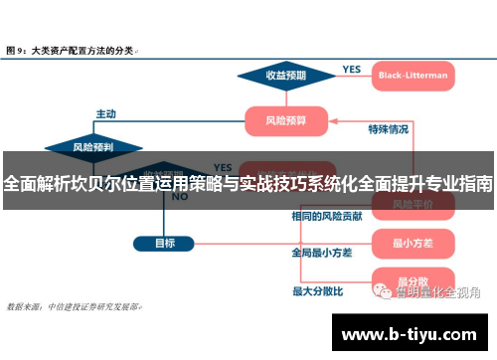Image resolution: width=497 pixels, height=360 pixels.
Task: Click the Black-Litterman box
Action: [x=413, y=74]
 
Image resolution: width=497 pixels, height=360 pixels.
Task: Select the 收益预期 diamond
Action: [x=285, y=75]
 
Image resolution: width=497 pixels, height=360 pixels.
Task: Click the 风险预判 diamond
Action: [x=93, y=147]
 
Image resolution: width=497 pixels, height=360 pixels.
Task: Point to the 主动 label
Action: [x=105, y=113]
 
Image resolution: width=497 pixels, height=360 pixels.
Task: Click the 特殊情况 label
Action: [x=388, y=129]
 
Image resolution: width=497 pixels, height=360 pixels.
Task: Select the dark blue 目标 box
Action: [x=165, y=242]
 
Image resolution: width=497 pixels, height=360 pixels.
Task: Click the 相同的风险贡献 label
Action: [x=326, y=216]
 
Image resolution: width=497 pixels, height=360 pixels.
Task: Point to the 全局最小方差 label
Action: [x=321, y=253]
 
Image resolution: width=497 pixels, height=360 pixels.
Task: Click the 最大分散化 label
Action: [x=317, y=291]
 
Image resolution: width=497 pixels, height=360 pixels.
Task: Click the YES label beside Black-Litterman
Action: [x=351, y=69]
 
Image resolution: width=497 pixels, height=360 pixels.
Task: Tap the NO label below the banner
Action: [x=180, y=197]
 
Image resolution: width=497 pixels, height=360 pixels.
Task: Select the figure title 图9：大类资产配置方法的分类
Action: [x=72, y=48]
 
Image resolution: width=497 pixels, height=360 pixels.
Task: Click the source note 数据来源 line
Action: [x=75, y=307]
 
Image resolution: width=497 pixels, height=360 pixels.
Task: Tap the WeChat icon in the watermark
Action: [x=382, y=291]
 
